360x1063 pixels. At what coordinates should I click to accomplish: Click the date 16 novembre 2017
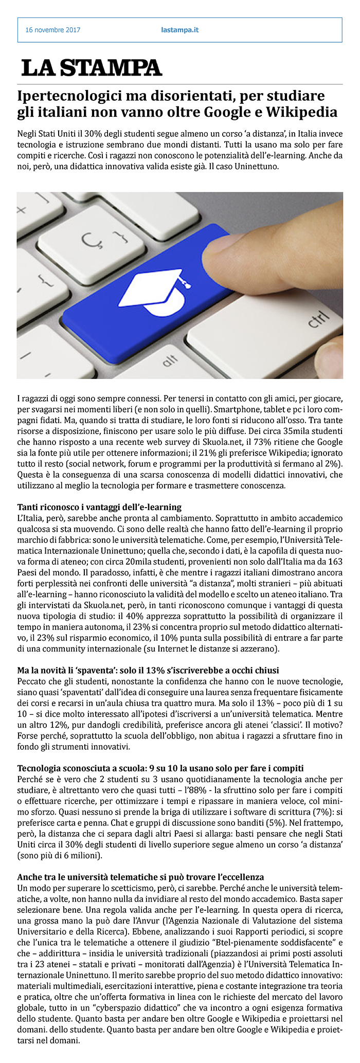click(52, 30)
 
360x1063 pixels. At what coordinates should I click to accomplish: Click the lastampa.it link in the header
click(179, 30)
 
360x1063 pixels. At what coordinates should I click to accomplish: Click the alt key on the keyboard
click(170, 362)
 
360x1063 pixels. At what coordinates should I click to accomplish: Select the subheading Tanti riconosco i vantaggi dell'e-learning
click(99, 508)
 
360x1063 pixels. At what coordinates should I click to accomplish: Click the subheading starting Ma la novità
click(148, 671)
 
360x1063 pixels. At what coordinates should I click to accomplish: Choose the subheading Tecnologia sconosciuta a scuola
click(160, 768)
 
